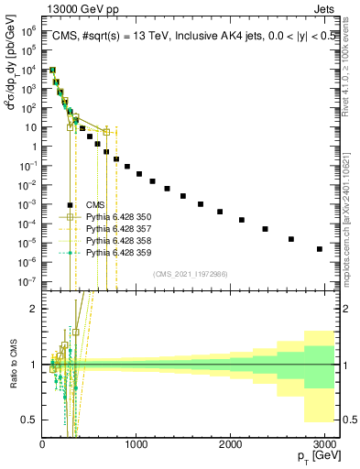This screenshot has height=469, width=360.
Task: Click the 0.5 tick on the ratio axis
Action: (30, 420)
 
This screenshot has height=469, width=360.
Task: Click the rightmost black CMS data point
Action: (320, 248)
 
